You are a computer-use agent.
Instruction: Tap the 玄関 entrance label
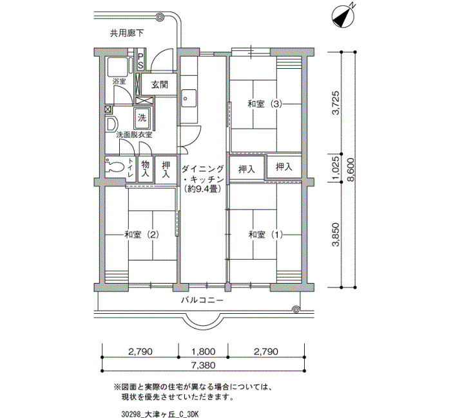tap(160, 85)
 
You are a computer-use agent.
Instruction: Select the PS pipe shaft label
tap(140, 60)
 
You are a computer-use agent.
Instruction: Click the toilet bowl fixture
tap(115, 166)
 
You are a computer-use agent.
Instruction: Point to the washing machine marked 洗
tap(142, 118)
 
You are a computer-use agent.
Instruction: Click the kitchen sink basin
tap(188, 98)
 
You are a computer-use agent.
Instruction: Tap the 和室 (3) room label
tap(265, 104)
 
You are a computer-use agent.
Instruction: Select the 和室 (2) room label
tap(141, 235)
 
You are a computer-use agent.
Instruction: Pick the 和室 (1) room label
tap(265, 235)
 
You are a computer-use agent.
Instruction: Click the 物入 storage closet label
tap(145, 168)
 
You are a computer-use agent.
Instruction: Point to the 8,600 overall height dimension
tap(350, 170)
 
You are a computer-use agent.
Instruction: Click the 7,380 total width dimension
tap(203, 365)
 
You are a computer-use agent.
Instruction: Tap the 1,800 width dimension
tap(203, 351)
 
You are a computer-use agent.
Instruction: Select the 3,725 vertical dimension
tap(336, 103)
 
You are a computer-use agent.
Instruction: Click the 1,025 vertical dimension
tap(336, 168)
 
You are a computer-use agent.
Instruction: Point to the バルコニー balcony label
tap(202, 300)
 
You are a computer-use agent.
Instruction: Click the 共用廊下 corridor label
tap(127, 33)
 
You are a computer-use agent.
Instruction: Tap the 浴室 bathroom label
tap(119, 82)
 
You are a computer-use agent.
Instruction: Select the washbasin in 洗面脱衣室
tap(111, 124)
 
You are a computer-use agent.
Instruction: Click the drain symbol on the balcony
tap(295, 309)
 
